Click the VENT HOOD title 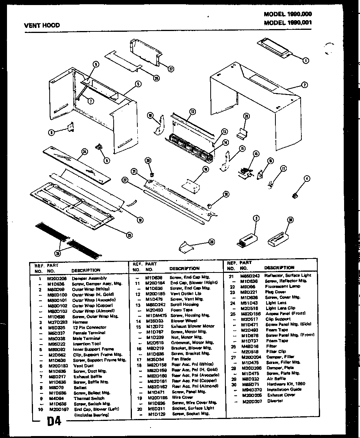[x=42, y=26]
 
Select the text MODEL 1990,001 [x=288, y=22]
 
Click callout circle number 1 [x=306, y=60]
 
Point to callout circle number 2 [x=305, y=84]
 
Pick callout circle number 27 [x=171, y=69]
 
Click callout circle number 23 [x=211, y=241]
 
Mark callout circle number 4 [x=307, y=178]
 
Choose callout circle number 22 [x=125, y=180]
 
